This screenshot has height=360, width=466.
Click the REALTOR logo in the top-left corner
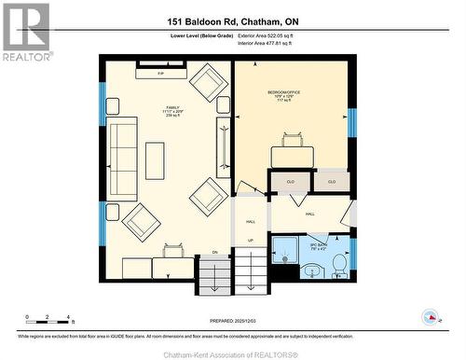[25, 33]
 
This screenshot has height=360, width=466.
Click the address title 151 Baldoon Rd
[232, 21]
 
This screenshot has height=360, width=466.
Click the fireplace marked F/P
[160, 72]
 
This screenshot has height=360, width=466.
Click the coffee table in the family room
[154, 159]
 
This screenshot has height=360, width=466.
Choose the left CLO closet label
[289, 182]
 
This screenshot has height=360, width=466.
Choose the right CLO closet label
[331, 181]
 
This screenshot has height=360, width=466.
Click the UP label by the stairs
[251, 241]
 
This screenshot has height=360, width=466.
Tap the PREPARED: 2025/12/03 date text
[232, 319]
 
